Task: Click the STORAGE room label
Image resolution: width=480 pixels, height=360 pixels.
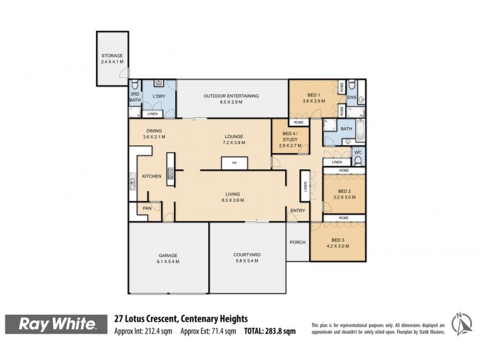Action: point(112,56)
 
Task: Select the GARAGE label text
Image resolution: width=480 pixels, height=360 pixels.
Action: point(168,255)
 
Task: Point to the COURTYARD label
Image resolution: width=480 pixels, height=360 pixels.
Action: point(247,255)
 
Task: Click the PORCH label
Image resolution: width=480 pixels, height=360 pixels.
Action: point(298,242)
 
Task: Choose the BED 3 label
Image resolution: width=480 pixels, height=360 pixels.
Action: point(337,239)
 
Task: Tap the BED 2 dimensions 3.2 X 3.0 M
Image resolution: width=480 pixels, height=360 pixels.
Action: point(344,197)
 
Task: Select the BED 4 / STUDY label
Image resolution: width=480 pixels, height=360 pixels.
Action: point(290,135)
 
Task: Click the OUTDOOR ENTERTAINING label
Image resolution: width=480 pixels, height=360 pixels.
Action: point(231,96)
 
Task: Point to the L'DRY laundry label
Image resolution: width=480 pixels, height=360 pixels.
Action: point(159,96)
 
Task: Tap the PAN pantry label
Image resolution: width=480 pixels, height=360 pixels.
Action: point(146,208)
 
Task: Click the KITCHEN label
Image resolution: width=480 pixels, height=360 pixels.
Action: point(151,176)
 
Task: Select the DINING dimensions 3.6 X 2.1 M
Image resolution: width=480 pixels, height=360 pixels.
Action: point(154,137)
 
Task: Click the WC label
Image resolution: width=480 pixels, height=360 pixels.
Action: point(358,153)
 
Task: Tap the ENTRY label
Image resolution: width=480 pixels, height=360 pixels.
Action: point(298,211)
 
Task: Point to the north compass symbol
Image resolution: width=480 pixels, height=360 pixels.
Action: point(460,324)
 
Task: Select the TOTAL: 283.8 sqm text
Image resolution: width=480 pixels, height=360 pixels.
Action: point(269,331)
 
